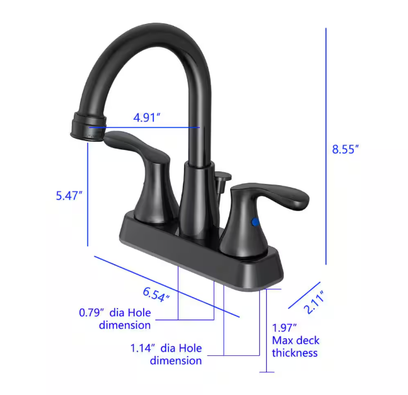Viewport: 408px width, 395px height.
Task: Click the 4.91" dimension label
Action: click(x=147, y=117)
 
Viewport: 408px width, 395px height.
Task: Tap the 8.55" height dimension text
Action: click(x=345, y=149)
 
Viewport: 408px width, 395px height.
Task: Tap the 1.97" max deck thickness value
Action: click(x=284, y=328)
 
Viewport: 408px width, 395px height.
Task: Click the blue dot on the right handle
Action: click(x=255, y=222)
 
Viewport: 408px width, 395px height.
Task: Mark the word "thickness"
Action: click(x=294, y=353)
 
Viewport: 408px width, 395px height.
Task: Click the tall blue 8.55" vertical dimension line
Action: click(x=326, y=145)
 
